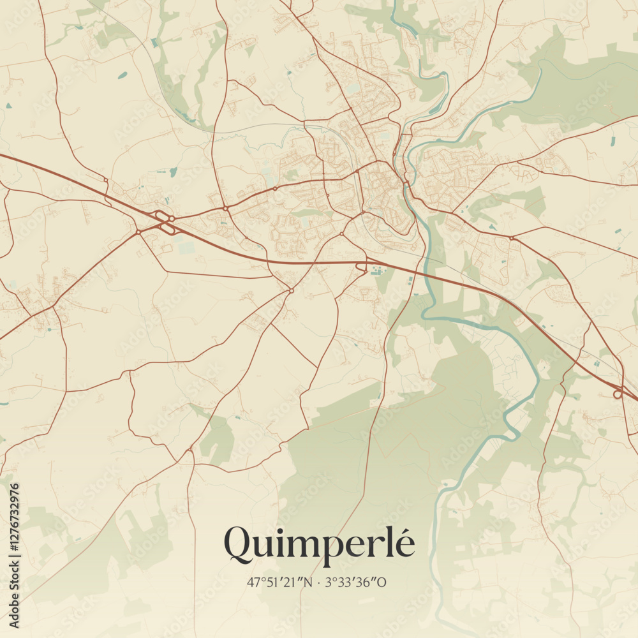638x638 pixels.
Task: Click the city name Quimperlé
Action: tap(319, 544)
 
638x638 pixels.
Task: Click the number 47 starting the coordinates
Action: tap(253, 582)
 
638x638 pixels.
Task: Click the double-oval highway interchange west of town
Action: tap(165, 222)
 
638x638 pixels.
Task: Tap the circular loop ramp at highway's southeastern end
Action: tap(618, 394)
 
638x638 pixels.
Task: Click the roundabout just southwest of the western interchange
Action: tap(138, 232)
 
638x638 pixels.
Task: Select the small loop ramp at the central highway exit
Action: tap(362, 267)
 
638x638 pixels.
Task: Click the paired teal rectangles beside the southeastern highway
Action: tap(596, 364)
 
